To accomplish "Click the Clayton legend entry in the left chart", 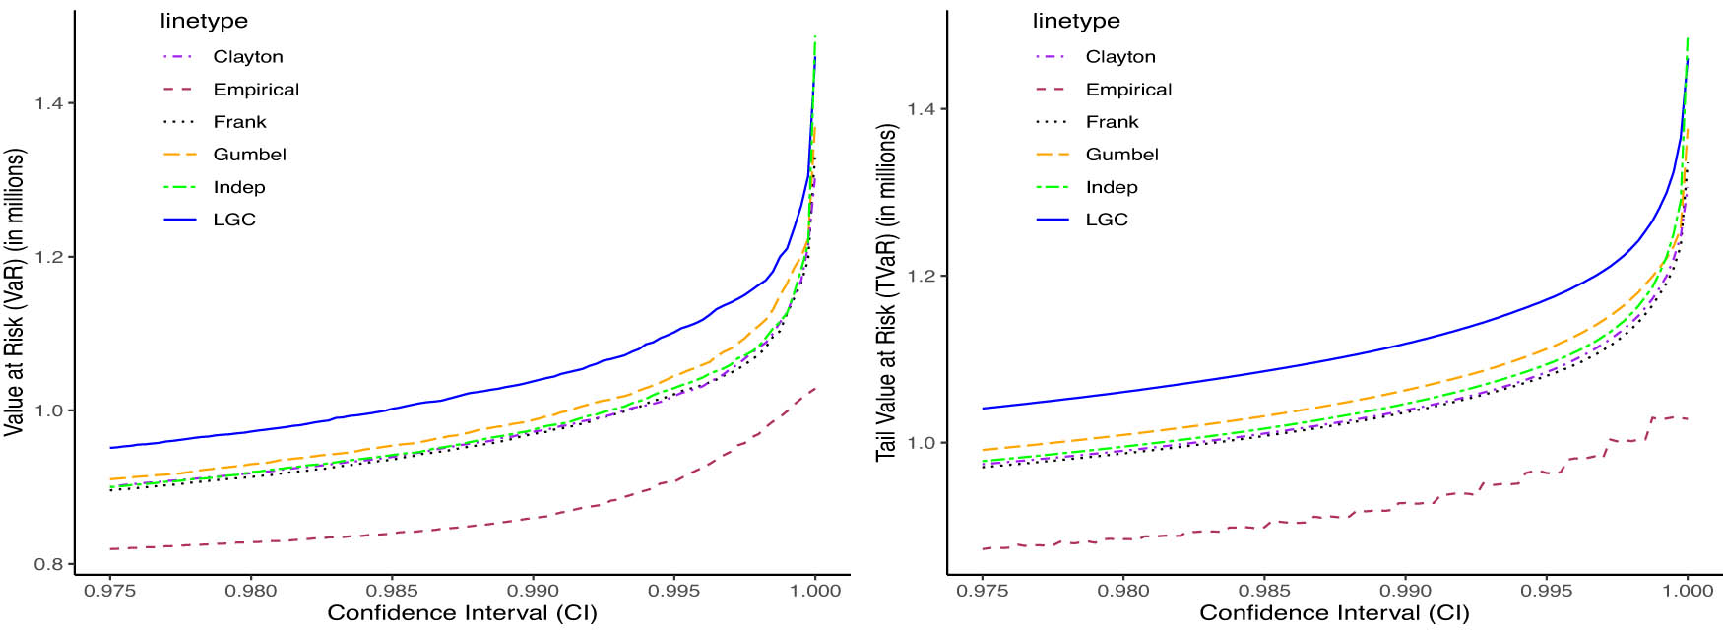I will tap(247, 57).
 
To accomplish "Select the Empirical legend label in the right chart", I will tap(1128, 90).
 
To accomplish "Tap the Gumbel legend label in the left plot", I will tap(249, 155).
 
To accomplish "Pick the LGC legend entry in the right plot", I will tap(1106, 220).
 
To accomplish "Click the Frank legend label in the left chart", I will tap(239, 122).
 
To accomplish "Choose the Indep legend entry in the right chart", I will tap(1111, 187).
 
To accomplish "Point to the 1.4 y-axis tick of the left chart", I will tap(48, 103).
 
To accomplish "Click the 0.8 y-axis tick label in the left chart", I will tap(48, 564).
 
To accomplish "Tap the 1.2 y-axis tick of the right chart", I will tap(921, 276).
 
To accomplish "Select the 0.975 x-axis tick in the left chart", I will tap(110, 591).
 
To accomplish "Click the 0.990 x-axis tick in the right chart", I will tap(1405, 591).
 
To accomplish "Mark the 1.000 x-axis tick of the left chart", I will tap(815, 591).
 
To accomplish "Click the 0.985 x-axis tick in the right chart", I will tap(1264, 591).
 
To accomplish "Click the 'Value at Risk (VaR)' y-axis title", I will tap(14, 292).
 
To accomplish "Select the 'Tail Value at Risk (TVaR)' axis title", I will tap(886, 292).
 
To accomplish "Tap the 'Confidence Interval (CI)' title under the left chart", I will tap(462, 613).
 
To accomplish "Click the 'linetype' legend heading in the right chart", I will tap(1076, 21).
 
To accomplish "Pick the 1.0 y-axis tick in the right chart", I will tap(921, 443).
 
